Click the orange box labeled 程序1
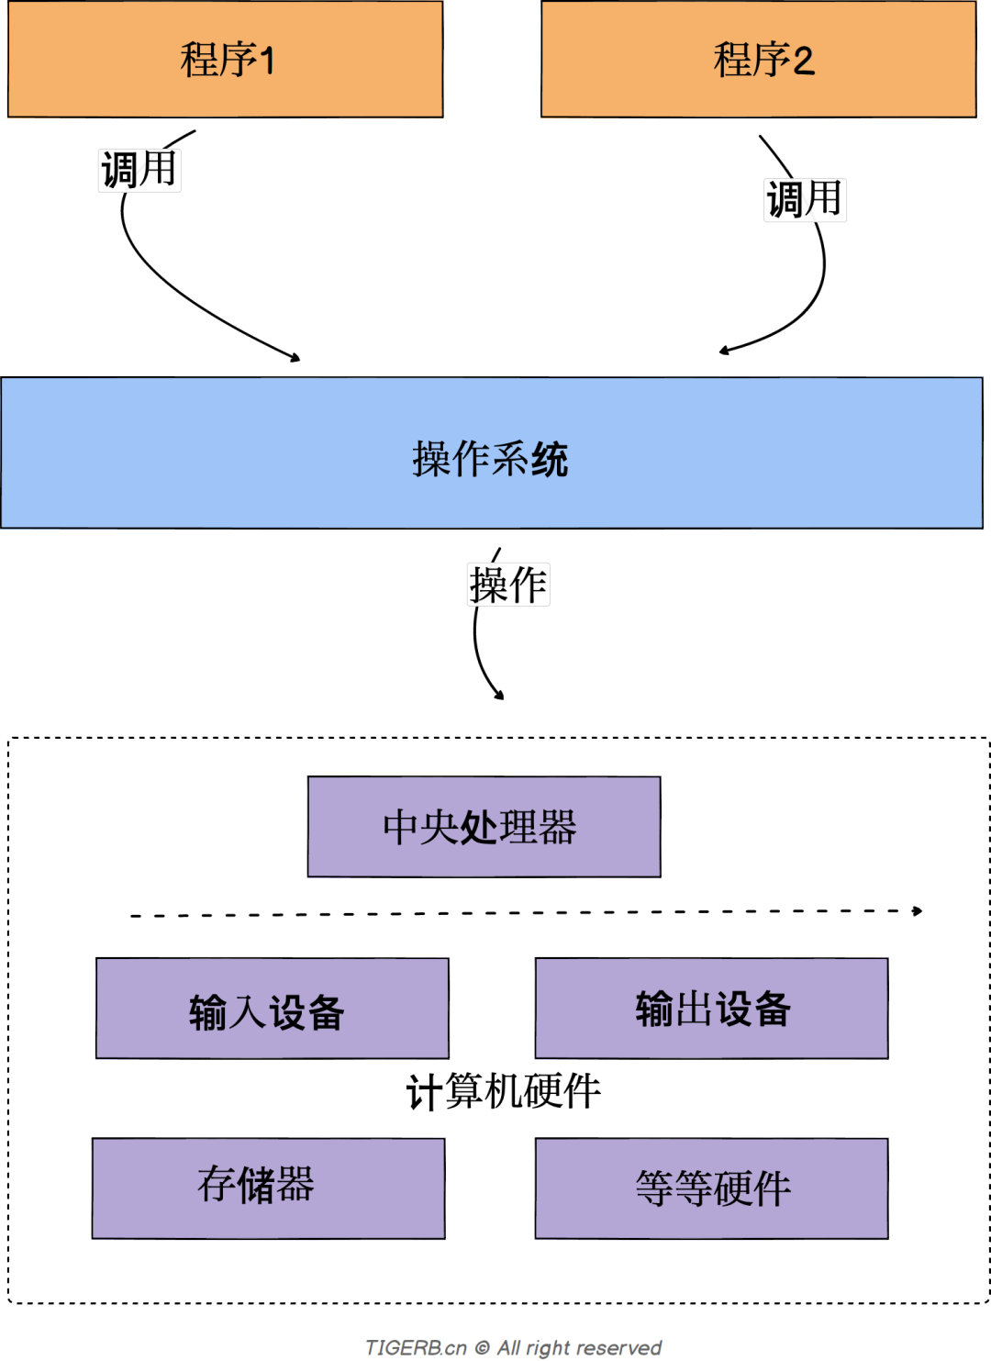click(226, 60)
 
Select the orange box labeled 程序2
click(758, 60)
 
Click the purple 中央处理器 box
click(484, 827)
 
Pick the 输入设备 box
click(272, 1009)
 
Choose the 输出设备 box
click(711, 1009)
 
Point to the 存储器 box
click(268, 1188)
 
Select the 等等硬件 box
click(711, 1188)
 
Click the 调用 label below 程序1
click(139, 170)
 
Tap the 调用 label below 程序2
click(805, 199)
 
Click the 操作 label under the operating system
click(508, 585)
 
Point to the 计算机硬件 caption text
click(503, 1091)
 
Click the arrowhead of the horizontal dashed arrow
click(918, 910)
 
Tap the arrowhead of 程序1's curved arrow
click(295, 357)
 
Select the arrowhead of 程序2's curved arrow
click(724, 350)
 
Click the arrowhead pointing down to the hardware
click(500, 696)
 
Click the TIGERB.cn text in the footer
click(416, 1347)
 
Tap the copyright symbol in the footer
click(482, 1347)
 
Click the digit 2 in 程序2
click(803, 61)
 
